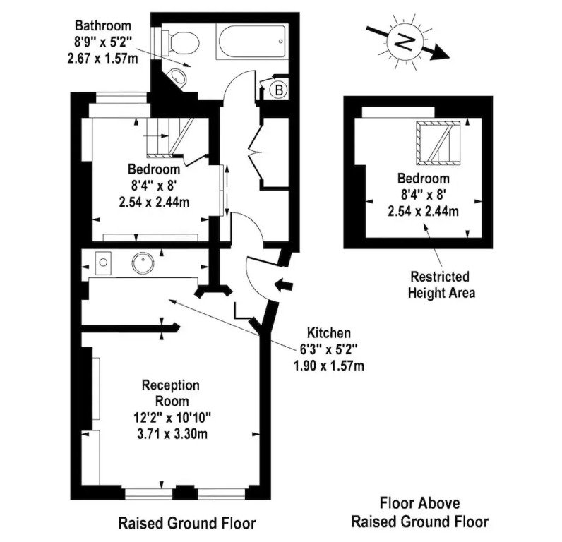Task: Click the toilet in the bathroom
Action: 181,42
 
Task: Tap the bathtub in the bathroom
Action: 251,42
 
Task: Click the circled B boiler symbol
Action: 278,90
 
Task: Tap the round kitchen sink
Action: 143,263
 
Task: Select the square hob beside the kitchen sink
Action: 103,263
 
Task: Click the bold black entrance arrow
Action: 284,285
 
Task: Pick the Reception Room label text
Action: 171,393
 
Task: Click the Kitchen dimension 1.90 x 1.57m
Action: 329,366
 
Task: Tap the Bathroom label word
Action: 103,26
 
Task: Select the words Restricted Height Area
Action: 441,285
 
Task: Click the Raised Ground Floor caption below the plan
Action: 186,524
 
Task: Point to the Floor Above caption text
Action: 419,503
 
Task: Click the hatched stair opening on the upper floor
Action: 438,143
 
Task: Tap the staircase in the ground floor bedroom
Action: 170,138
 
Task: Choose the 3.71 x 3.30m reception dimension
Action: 172,434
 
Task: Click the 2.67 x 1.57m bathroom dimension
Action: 102,58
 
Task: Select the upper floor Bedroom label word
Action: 424,179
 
